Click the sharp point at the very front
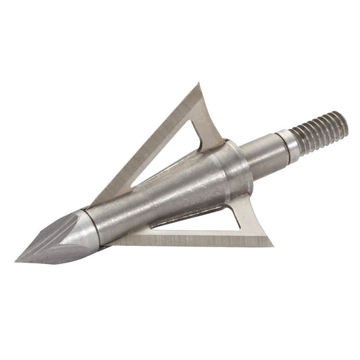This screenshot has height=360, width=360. pos(17,260)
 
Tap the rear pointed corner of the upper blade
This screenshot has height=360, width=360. pos(200,84)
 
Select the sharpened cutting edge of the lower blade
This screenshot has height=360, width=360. pos(189,241)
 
